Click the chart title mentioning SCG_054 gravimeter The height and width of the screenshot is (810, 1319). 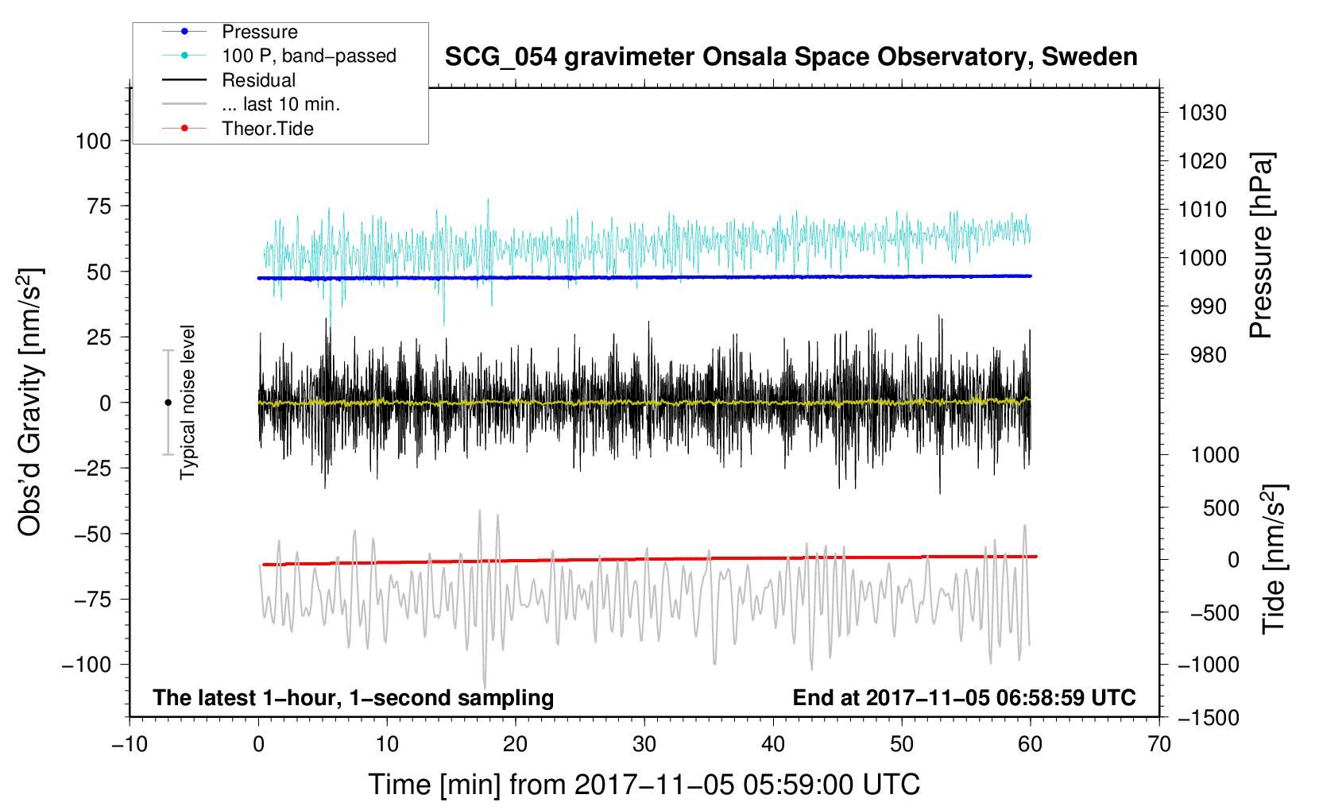click(791, 57)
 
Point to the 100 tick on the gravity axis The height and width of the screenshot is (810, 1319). click(93, 141)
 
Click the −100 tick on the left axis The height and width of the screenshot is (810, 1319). click(87, 665)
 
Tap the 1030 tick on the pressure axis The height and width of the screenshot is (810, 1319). click(1202, 113)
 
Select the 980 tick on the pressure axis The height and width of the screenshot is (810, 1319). click(1208, 355)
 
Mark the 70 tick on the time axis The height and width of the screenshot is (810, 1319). click(1158, 744)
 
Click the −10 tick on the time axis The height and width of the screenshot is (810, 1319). click(130, 744)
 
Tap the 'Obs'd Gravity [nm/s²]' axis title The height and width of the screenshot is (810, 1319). click(29, 402)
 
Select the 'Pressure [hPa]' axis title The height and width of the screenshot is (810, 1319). click(1261, 245)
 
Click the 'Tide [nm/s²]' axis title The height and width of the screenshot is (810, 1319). click(1275, 559)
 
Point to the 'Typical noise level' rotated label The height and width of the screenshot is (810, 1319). click(188, 403)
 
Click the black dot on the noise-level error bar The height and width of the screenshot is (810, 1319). click(168, 403)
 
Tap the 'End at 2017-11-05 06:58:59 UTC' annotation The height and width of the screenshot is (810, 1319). click(964, 697)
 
